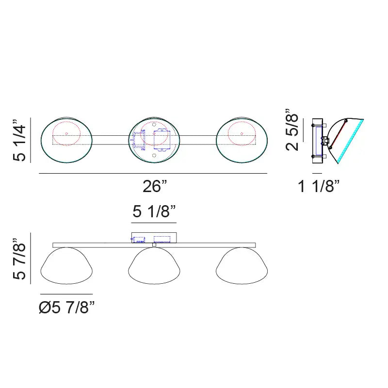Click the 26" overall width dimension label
155,186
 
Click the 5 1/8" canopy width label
154,212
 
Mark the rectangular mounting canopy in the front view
154,237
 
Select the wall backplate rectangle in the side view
318,138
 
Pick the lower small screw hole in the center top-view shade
154,155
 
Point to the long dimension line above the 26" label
153,174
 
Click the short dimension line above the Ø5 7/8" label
66,294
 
